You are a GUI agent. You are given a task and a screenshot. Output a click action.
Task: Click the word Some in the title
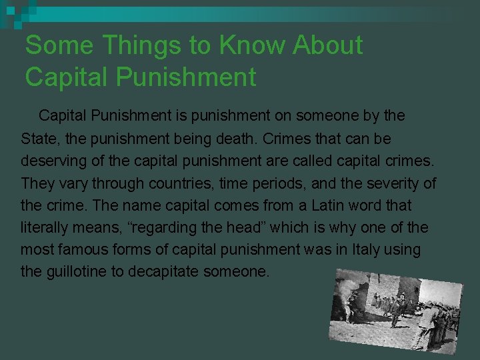coord(52,45)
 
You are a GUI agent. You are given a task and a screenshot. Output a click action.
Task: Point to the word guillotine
coord(79,272)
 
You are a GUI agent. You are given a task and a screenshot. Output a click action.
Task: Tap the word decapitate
coord(175,272)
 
